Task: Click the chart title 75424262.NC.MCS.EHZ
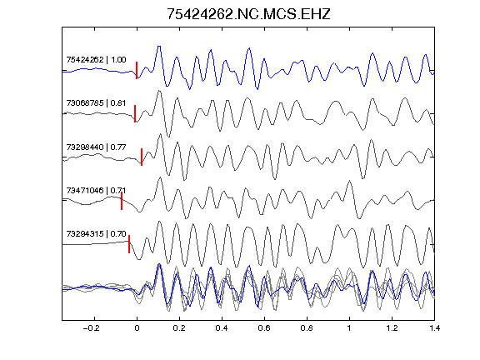(x=248, y=14)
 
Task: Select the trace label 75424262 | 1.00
(x=96, y=60)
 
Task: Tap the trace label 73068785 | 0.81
(x=96, y=103)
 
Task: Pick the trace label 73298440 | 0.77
(x=96, y=147)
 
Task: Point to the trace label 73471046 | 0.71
(x=96, y=191)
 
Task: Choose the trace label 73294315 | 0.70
(x=96, y=234)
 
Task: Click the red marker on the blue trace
(x=137, y=70)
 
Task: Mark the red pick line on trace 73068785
(x=135, y=113)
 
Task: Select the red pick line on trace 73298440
(x=142, y=157)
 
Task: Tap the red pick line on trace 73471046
(x=122, y=201)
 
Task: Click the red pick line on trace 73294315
(x=129, y=244)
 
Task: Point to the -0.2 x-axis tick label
(x=91, y=328)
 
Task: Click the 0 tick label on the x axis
(x=137, y=328)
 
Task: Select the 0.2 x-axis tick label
(x=179, y=328)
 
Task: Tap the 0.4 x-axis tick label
(x=222, y=328)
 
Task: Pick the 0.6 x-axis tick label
(x=264, y=328)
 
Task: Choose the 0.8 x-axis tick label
(x=307, y=328)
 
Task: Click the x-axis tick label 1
(x=349, y=328)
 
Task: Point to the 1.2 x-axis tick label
(x=392, y=328)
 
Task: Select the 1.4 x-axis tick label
(x=434, y=328)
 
